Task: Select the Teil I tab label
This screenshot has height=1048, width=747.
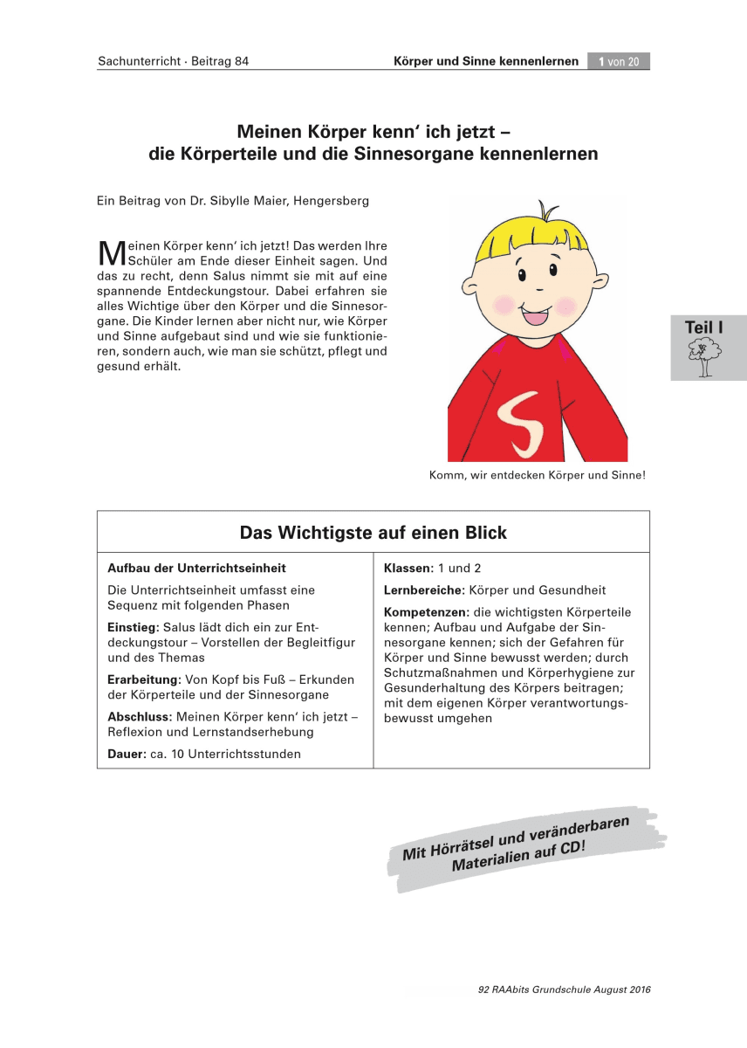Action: point(704,327)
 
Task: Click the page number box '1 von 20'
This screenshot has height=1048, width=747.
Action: point(619,61)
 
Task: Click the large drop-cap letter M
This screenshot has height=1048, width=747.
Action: point(111,252)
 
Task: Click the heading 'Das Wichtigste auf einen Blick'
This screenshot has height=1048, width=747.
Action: point(373,533)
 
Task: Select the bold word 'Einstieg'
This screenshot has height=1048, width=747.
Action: point(132,628)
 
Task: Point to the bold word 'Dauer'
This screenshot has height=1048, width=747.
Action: point(126,754)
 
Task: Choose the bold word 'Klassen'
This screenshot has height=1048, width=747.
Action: point(408,569)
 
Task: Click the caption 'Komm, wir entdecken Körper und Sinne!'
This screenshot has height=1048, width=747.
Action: point(537,476)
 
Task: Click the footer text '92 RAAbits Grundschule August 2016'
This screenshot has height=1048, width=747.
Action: point(565,989)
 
